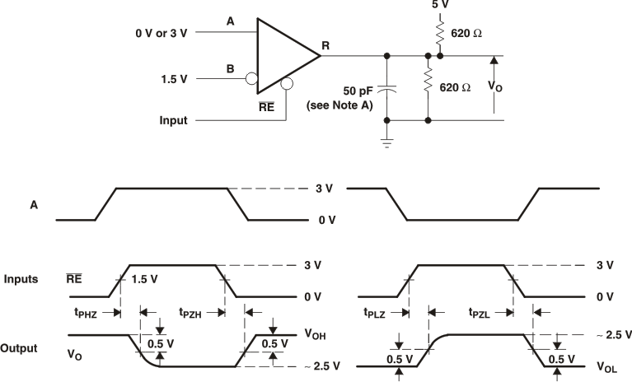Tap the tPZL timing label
pos(482,313)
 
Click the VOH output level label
pos(316,335)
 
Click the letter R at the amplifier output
pos(325,45)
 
